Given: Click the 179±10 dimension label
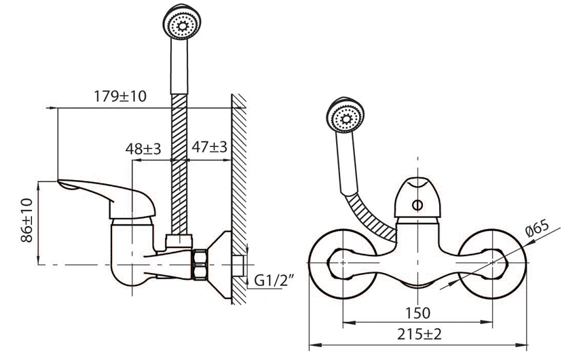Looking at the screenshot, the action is click(120, 96).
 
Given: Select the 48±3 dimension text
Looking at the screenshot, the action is click(143, 149).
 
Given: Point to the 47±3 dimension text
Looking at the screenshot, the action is click(209, 147).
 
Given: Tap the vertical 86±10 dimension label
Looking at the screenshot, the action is click(27, 220).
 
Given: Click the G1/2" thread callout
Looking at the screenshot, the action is click(274, 281).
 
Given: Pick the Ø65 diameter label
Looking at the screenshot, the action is click(538, 228).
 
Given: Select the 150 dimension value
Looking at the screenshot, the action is click(417, 313).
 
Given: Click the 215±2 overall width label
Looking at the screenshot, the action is click(419, 334).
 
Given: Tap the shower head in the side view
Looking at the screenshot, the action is click(182, 22).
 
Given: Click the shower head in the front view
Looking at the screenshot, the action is click(345, 115).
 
